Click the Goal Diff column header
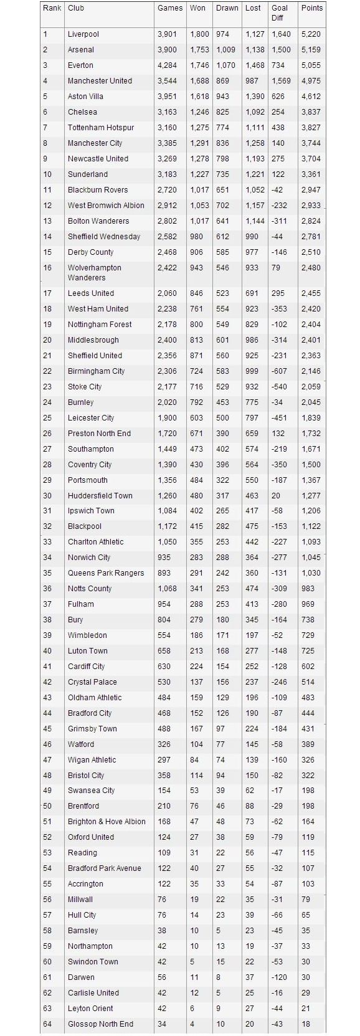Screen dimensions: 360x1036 coord(279,12)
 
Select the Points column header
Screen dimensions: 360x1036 coord(312,8)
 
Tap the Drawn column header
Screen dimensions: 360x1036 coord(227,8)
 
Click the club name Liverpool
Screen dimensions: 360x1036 coord(83,34)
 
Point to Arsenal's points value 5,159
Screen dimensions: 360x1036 coord(311,50)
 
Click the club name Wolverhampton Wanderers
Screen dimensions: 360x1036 coord(94,273)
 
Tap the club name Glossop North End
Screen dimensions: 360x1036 coord(100,1024)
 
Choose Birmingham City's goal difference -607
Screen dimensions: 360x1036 coord(278,371)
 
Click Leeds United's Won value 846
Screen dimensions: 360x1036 coord(197,293)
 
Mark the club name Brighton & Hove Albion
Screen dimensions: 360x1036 coord(107,822)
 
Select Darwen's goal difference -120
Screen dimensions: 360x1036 coord(278,977)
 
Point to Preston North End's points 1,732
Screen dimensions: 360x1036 coord(311,434)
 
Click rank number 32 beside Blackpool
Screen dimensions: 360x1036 coord(48,526)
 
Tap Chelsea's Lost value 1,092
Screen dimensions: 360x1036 coord(255,112)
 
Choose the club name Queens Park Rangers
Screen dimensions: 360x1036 coord(106,573)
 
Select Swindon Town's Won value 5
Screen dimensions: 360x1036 coord(192,962)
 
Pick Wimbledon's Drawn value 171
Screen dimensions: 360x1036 coord(222,635)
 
